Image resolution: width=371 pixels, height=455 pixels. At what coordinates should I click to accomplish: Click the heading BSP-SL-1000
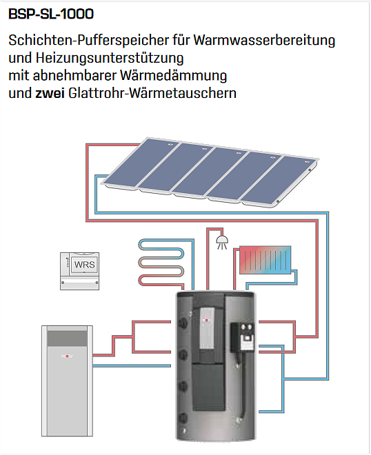click(x=51, y=14)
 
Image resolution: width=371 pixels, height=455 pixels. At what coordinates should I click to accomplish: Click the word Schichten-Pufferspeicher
click(x=88, y=40)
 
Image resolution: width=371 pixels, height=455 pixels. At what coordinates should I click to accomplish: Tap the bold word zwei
click(x=50, y=93)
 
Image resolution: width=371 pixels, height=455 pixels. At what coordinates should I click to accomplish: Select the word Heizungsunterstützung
click(x=110, y=58)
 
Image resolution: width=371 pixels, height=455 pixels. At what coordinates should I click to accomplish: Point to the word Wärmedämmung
click(x=173, y=75)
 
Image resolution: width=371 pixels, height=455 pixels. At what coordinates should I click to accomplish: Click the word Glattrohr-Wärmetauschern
click(x=152, y=93)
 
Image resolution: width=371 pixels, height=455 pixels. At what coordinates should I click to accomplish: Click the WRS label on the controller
click(x=85, y=265)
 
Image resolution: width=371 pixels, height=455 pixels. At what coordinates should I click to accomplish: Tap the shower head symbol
click(x=222, y=242)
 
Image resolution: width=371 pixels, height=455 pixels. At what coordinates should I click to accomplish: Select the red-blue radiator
click(x=265, y=260)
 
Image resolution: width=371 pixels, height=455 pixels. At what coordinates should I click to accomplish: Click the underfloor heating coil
click(x=161, y=263)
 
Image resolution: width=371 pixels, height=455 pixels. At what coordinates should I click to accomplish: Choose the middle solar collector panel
click(x=210, y=172)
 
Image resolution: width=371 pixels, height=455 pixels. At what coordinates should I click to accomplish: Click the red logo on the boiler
click(x=67, y=356)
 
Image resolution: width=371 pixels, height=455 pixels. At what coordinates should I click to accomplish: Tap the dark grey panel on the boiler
click(x=67, y=338)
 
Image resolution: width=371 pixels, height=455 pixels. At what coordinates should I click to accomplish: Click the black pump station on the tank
click(x=243, y=338)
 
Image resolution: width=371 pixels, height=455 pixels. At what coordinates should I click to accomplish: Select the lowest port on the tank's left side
click(x=183, y=418)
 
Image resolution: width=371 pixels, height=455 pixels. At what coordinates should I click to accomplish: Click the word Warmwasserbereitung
click(x=264, y=40)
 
